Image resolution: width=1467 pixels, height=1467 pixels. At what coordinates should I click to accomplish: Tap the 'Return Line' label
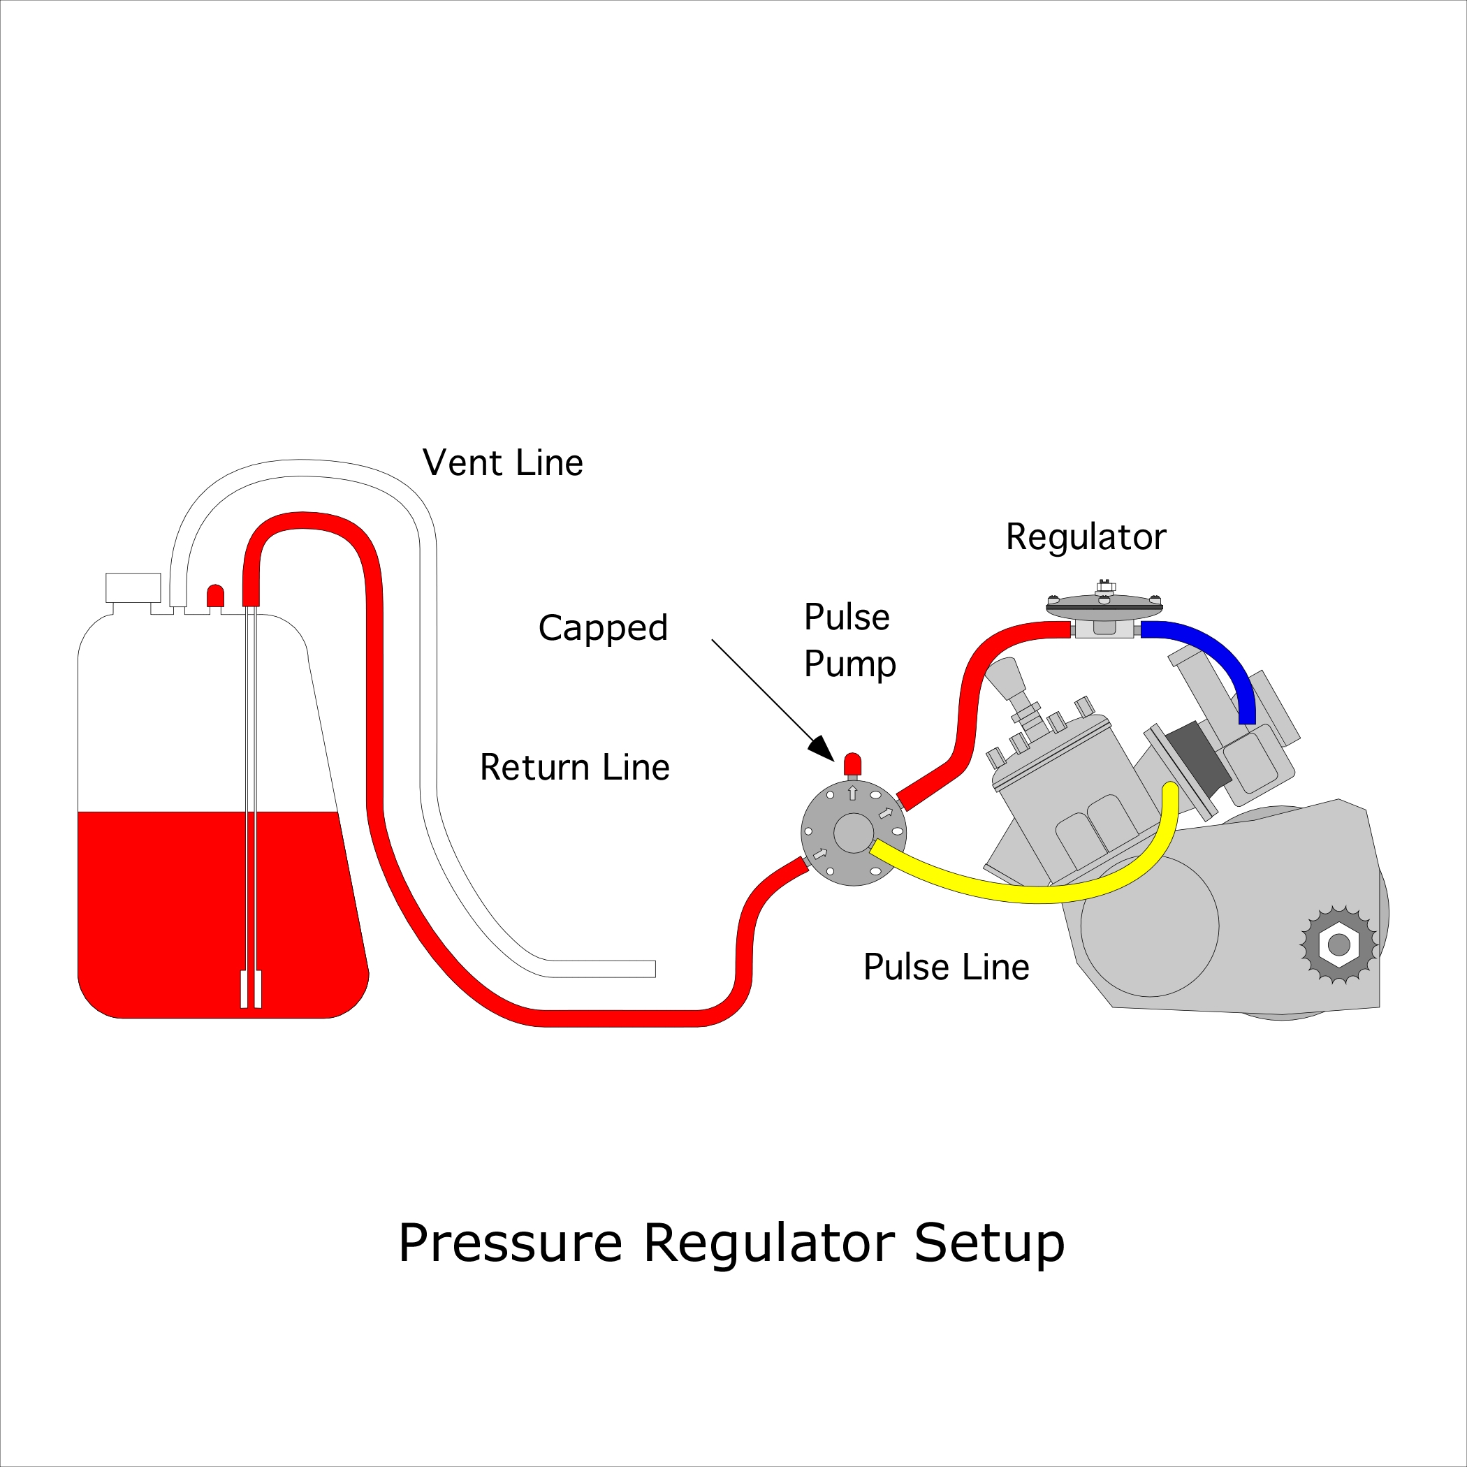point(574,768)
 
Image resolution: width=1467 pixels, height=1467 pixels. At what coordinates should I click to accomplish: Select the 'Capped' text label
point(602,628)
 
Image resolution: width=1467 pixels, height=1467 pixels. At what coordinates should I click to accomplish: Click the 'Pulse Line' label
point(946,968)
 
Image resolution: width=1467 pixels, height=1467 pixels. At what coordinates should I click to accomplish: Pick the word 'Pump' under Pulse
point(849,664)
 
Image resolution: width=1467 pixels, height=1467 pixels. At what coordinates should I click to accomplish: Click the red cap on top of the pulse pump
point(853,763)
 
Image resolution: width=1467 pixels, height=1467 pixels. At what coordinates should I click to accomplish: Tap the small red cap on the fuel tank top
point(215,595)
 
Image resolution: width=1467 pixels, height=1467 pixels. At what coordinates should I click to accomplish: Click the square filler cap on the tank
point(133,587)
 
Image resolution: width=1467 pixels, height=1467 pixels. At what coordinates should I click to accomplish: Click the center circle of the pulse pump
point(854,833)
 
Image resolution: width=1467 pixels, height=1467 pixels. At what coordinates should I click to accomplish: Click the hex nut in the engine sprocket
point(1338,945)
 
